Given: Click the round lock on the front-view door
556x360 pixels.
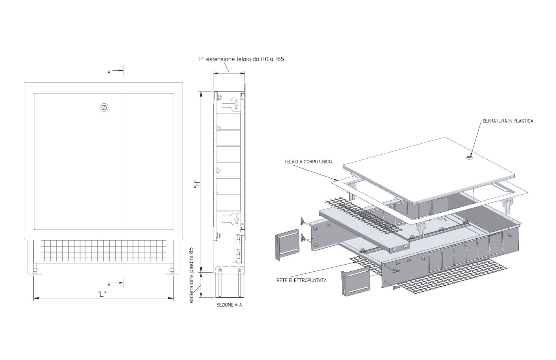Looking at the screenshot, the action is tap(104, 108).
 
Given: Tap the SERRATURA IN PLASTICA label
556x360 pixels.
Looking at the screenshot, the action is tap(508, 121).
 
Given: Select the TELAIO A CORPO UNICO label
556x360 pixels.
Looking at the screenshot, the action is tap(308, 162).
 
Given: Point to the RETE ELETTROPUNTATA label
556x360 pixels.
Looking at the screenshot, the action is tap(302, 281).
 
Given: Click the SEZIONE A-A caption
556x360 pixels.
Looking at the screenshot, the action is tap(229, 305).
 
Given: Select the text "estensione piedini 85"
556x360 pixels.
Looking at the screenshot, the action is tap(191, 275).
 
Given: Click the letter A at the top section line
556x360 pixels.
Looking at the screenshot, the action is tap(109, 73).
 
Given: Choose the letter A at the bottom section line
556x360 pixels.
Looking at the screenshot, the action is tap(109, 285).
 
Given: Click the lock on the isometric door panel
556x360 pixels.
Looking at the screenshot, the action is tap(469, 158).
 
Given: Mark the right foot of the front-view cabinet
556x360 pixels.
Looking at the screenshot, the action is tap(172, 270).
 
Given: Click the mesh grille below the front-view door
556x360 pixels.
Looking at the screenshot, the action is tap(103, 250).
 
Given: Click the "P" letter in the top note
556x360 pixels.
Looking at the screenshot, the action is tap(200, 59).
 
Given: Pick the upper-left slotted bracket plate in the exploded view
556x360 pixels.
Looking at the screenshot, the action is tap(287, 245).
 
